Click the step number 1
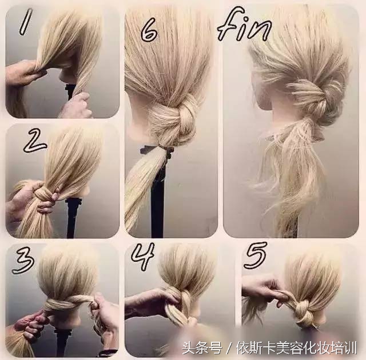26,22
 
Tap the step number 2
34,141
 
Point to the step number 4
143,256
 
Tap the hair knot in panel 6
176,122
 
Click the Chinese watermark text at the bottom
269,349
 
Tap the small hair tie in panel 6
165,149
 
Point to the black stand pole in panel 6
157,194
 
